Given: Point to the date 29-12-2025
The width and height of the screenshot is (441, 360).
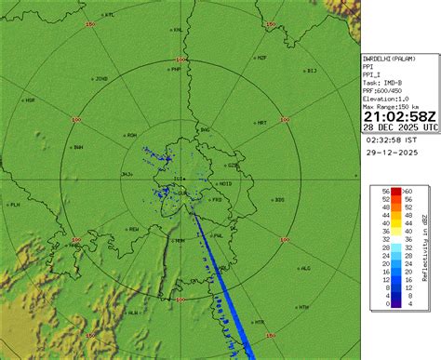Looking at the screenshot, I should coord(391,153).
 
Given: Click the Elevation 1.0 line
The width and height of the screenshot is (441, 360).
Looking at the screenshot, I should coord(388,98).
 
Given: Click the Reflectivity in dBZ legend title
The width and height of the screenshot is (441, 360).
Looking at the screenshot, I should coord(424,247).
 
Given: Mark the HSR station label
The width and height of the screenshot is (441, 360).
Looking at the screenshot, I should coord(30,100).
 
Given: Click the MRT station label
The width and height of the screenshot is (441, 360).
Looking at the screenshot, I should coord(261,122).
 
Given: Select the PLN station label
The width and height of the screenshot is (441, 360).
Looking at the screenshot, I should coord(14,204).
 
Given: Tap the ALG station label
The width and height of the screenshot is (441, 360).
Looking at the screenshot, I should coord(304,268).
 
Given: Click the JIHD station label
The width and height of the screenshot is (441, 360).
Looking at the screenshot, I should coord(101,78).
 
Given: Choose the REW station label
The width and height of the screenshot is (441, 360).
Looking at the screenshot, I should coord(133,228).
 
